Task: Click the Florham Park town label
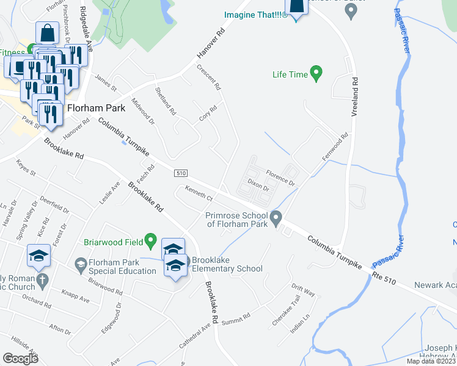97,108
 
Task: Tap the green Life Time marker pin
316,74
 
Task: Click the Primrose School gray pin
276,217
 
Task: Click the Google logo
20,359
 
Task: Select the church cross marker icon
42,281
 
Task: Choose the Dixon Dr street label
258,185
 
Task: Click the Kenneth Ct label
199,193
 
